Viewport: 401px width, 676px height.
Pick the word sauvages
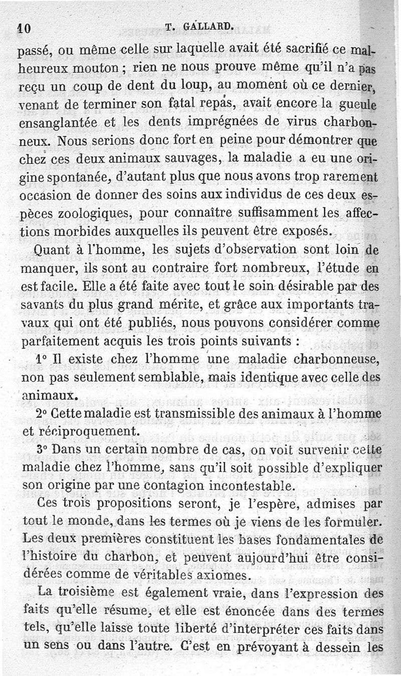pyautogui.click(x=185, y=159)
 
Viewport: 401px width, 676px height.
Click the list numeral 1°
pyautogui.click(x=42, y=360)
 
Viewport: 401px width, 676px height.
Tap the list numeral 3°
pyautogui.click(x=42, y=450)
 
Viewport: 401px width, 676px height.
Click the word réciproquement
pyautogui.click(x=83, y=432)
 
